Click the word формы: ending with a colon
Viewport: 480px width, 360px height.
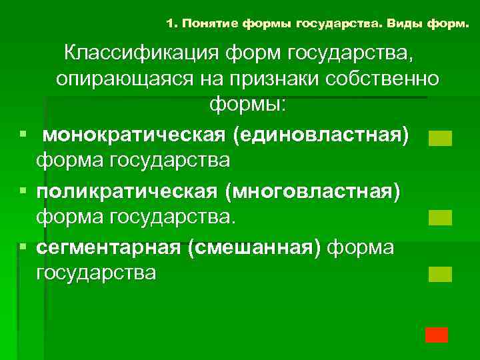click(247, 105)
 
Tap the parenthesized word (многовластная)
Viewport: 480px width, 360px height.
click(313, 191)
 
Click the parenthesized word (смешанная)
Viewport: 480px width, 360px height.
click(254, 247)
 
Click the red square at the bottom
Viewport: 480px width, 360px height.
click(437, 335)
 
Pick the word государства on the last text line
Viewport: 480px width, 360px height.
click(96, 273)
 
